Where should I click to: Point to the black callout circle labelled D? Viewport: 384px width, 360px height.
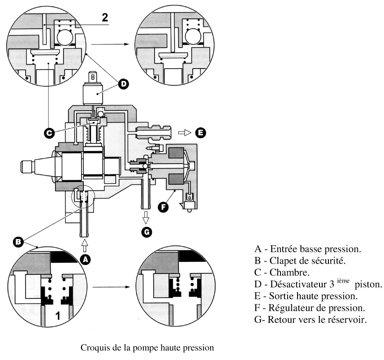[x=123, y=83]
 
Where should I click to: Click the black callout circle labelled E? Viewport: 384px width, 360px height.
[x=200, y=132]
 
